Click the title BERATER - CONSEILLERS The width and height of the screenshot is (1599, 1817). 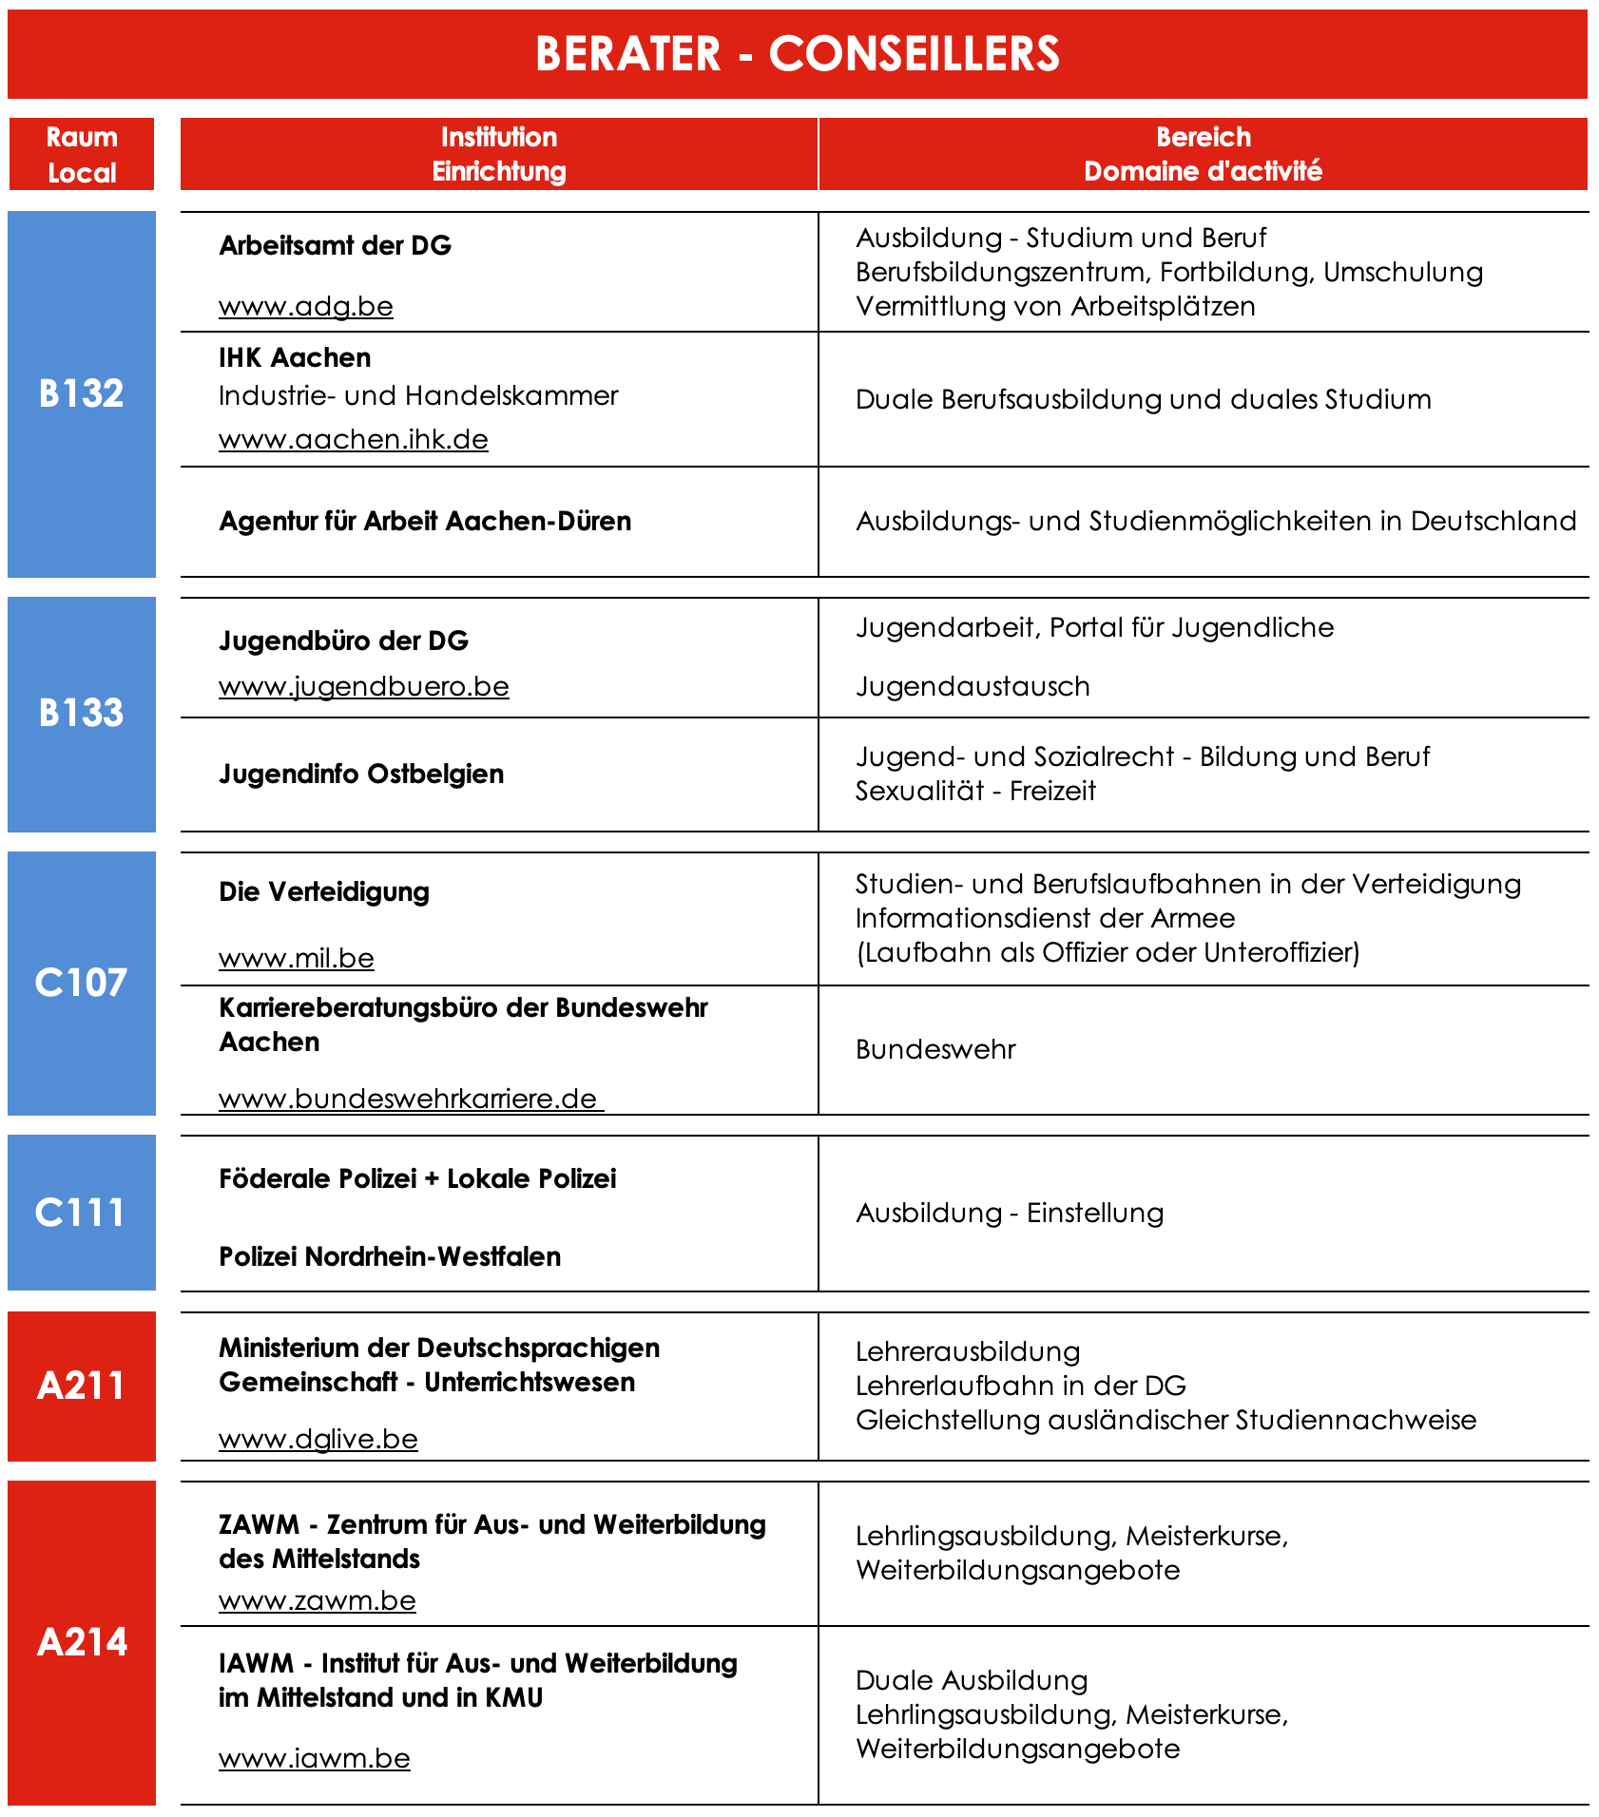[x=797, y=53]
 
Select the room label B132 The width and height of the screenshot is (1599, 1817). [x=82, y=393]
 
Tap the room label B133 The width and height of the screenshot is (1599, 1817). [x=82, y=713]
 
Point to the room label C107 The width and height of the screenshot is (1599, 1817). [x=82, y=983]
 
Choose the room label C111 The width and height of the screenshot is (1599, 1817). [x=82, y=1213]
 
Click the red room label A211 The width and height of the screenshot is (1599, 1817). [x=82, y=1386]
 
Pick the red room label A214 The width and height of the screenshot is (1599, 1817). [x=82, y=1642]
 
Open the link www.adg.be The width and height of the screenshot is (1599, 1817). [x=306, y=307]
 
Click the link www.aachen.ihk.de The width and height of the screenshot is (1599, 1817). [x=354, y=440]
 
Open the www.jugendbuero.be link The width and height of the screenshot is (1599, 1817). [x=364, y=687]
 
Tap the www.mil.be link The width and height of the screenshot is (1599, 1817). [x=297, y=959]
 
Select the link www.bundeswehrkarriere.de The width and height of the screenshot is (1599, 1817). [x=409, y=1100]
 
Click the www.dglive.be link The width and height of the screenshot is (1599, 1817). [x=318, y=1440]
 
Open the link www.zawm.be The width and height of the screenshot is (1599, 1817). [x=318, y=1601]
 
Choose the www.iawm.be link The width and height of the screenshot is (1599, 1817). [x=315, y=1759]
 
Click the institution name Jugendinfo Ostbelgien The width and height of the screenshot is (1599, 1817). [x=361, y=775]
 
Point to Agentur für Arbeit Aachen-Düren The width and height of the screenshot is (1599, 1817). [x=425, y=522]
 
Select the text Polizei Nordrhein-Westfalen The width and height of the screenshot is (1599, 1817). [x=390, y=1257]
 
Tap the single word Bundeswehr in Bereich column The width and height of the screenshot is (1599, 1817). [x=935, y=1050]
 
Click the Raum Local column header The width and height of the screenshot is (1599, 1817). [x=82, y=155]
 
